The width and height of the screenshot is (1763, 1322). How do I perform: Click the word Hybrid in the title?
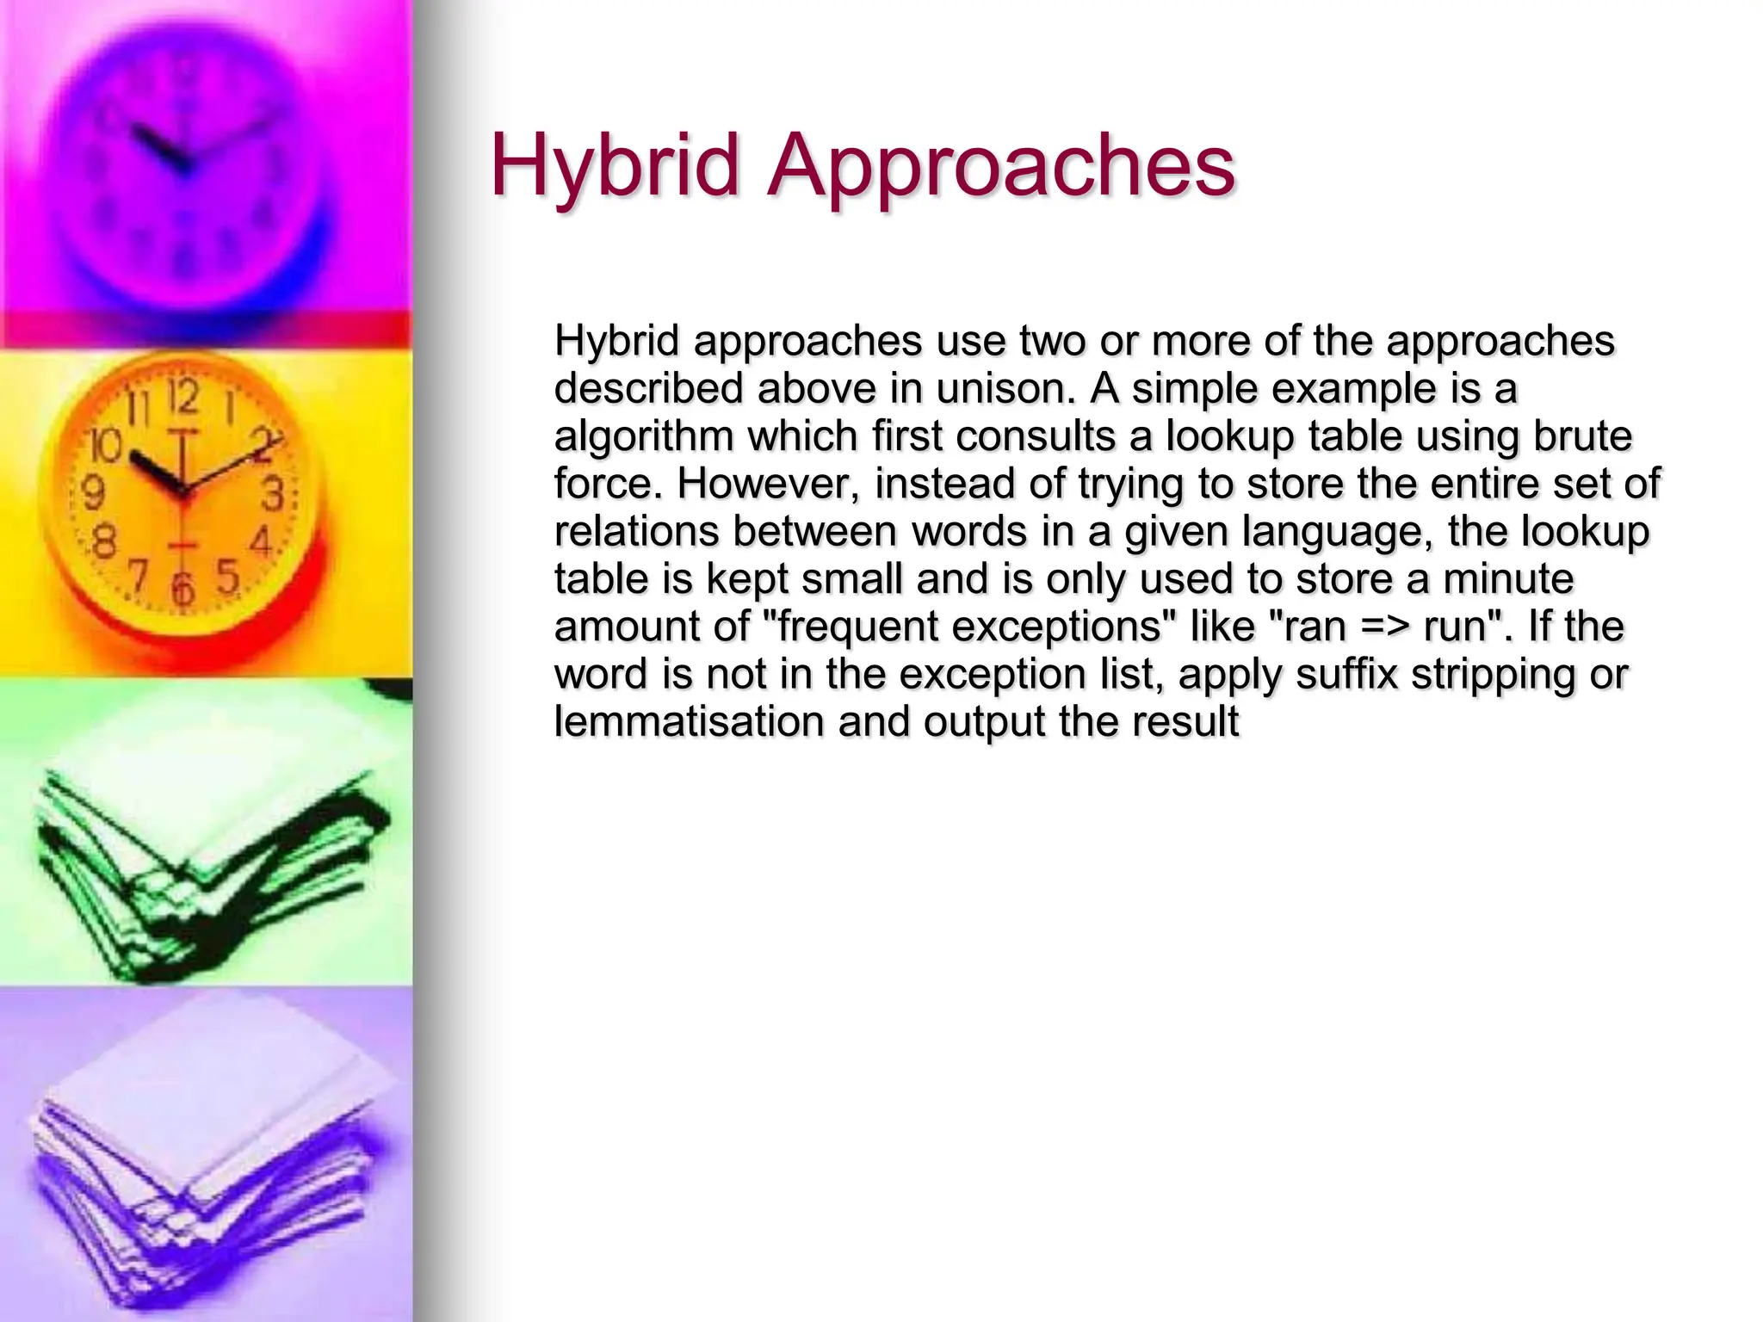tap(615, 166)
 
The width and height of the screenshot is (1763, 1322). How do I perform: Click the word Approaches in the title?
tap(1001, 166)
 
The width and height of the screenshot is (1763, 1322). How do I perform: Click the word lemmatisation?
tap(690, 721)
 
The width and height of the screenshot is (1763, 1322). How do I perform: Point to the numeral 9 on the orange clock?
tap(93, 492)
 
